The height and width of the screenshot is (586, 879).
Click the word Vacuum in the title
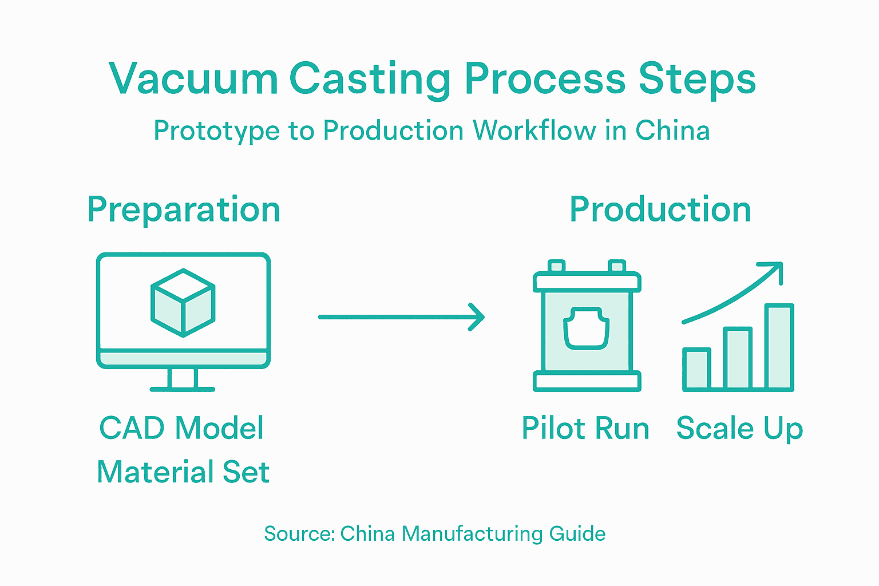click(x=193, y=78)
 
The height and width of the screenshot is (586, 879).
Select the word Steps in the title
click(x=697, y=78)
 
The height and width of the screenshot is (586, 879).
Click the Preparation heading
click(x=184, y=209)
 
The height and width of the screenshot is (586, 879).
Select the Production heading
click(x=660, y=209)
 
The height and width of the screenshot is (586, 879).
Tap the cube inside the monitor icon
click(x=183, y=302)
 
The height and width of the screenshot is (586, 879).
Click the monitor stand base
click(x=183, y=389)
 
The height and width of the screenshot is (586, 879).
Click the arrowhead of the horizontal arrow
click(x=478, y=317)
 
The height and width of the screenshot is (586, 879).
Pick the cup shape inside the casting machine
click(x=587, y=328)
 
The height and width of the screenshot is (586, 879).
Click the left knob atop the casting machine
click(x=556, y=266)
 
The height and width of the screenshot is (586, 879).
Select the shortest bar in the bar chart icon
click(x=696, y=369)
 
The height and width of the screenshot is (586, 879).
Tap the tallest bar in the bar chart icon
click(x=779, y=347)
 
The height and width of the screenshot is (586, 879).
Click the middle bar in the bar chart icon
click(x=738, y=359)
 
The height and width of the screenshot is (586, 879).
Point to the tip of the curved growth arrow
click(x=779, y=266)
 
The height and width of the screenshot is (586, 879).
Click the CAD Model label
click(x=181, y=428)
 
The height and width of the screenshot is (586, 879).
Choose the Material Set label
click(x=183, y=472)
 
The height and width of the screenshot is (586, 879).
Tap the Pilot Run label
click(x=585, y=428)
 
